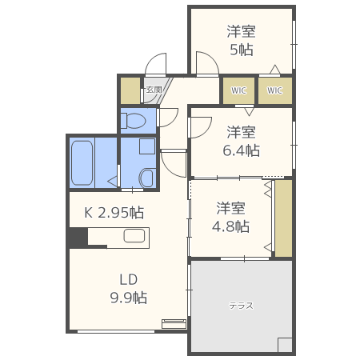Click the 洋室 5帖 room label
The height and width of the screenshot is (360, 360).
coord(240,41)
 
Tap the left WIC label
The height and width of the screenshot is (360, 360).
coord(238,90)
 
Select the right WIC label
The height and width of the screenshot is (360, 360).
coord(274,90)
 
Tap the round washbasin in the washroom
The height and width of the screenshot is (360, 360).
coord(146,178)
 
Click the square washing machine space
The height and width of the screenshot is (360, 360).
coord(146,147)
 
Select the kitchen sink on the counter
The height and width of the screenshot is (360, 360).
coord(134,237)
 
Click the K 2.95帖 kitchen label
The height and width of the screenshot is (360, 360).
coord(114,213)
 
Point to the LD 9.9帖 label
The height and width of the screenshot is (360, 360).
coord(128,289)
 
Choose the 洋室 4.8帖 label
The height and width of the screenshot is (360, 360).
coord(232,217)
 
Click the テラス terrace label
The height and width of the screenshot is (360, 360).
coord(241,306)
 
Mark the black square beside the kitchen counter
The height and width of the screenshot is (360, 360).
coord(77,238)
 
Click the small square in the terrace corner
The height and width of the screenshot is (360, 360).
coord(285,345)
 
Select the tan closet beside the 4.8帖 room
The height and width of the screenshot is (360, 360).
coord(283,218)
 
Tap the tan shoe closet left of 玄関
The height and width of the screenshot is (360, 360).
coord(130,90)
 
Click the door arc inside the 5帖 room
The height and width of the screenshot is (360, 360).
coord(205,62)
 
